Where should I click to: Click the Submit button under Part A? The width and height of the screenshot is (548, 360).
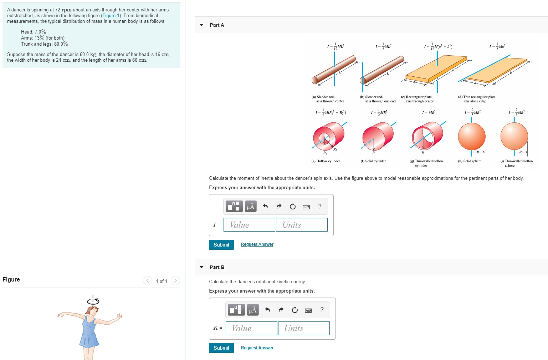click(221, 245)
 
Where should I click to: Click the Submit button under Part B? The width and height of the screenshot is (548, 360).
click(221, 348)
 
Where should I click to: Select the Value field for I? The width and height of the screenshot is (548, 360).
click(249, 225)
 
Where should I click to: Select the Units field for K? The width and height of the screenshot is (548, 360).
click(304, 328)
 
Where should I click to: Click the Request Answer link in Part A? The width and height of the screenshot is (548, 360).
click(257, 244)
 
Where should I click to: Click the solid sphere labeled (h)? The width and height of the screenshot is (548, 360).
click(472, 137)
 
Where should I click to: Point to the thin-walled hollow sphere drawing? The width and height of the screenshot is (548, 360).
click(514, 137)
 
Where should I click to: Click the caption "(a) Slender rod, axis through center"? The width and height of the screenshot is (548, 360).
click(328, 99)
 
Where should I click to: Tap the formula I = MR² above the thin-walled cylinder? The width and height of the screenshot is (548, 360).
click(429, 112)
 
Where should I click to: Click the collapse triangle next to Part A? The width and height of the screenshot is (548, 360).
click(201, 25)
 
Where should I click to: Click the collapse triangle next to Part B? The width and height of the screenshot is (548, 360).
click(201, 267)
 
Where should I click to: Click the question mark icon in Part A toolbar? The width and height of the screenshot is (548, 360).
click(320, 206)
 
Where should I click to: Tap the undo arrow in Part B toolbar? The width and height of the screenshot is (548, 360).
click(267, 310)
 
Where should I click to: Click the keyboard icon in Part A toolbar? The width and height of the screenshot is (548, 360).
click(306, 207)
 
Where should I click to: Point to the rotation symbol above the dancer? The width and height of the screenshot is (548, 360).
click(93, 301)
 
